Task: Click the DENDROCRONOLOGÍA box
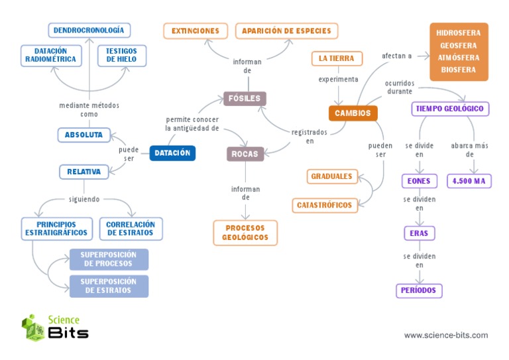89,30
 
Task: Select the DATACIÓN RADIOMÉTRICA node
51,56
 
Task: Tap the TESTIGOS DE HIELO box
122,56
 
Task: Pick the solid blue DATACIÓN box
172,153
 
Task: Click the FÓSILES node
245,99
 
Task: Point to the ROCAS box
245,154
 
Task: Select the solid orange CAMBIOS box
353,113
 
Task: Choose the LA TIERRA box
337,58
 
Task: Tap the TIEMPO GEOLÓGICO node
450,109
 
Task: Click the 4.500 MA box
469,181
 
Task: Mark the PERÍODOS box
419,290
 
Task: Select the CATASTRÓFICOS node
325,206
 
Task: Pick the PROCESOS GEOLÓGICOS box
245,233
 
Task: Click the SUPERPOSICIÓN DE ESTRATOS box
109,286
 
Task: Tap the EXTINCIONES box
196,31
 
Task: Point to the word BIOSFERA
459,70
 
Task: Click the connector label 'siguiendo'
84,200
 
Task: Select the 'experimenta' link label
338,79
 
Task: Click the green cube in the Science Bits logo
33,328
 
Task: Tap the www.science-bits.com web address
446,335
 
